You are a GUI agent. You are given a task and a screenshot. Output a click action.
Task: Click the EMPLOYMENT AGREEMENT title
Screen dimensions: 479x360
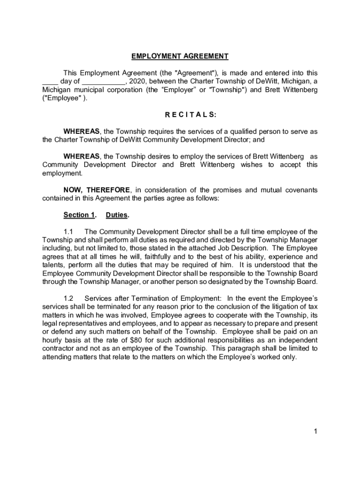pos(180,57)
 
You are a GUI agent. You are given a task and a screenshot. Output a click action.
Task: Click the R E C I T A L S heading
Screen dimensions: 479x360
pos(180,115)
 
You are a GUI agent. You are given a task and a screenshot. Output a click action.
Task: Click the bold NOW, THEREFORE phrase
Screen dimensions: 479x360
pos(97,190)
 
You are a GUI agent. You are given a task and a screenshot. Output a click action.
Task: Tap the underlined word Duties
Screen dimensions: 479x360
pos(117,215)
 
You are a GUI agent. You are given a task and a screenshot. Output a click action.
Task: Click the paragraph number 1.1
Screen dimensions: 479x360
pos(69,232)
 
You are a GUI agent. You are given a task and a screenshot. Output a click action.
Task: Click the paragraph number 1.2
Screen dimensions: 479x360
pos(69,298)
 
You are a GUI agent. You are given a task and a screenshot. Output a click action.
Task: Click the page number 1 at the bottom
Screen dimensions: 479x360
pos(316,432)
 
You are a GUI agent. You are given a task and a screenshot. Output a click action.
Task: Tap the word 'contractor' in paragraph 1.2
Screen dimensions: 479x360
pos(59,349)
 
